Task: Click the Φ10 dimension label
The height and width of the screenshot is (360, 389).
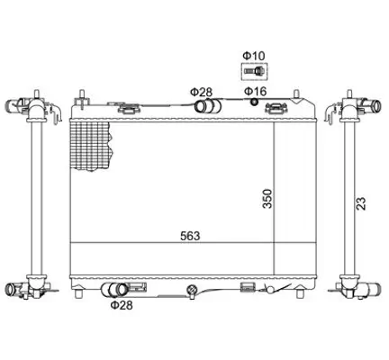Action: tap(254, 56)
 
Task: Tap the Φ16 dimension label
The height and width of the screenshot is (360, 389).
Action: tap(255, 91)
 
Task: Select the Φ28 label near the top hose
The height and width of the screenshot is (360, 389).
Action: tap(201, 92)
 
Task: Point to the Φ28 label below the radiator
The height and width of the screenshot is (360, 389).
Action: tap(122, 305)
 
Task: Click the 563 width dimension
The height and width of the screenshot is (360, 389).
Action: tap(190, 236)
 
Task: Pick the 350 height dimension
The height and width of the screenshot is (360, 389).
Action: tap(267, 199)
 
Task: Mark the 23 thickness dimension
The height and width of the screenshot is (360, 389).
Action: tap(361, 203)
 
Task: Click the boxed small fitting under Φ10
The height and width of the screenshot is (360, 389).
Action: tap(255, 71)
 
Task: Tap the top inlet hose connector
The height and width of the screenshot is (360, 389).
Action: tap(208, 105)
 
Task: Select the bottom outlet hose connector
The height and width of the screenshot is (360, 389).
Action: tap(114, 290)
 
